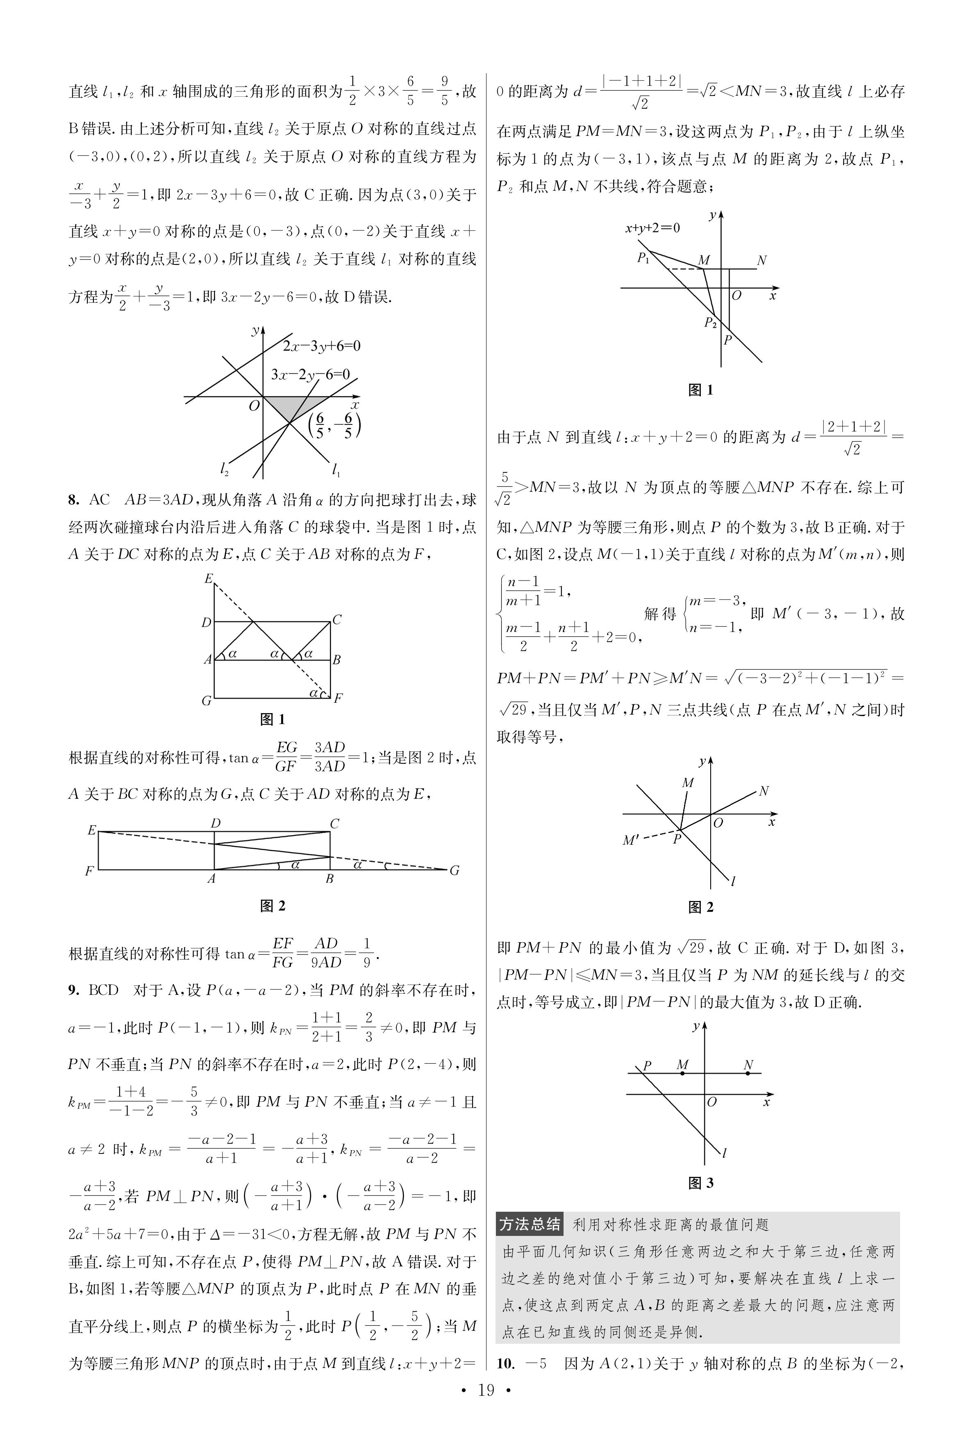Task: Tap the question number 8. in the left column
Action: coord(74,499)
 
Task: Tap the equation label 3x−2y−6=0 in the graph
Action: coord(310,374)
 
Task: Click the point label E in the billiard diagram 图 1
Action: coord(209,579)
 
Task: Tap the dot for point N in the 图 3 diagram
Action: coord(748,1073)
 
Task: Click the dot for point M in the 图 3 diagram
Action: coord(682,1073)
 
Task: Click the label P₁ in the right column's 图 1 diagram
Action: coord(643,258)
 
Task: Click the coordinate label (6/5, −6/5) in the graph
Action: coord(334,425)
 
